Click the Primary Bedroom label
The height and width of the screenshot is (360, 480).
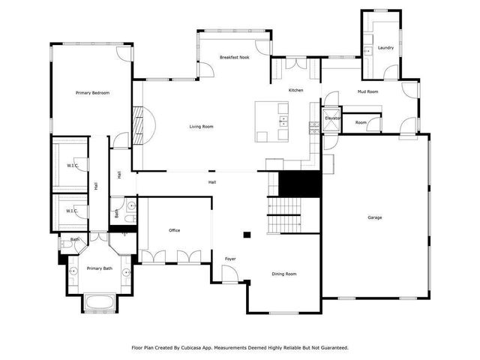[93, 93]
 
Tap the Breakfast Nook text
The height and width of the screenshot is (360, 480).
[234, 57]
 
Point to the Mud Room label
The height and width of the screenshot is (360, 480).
[367, 91]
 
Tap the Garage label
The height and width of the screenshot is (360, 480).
[374, 217]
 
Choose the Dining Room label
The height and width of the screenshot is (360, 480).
[284, 274]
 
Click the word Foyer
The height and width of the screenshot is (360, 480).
[230, 259]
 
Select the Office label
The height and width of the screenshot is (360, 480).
[174, 230]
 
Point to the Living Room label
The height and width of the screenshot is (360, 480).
[201, 127]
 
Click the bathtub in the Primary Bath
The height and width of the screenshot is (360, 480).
[99, 304]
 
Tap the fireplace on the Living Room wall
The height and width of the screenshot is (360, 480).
[138, 120]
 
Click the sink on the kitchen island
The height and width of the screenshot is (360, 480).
[283, 120]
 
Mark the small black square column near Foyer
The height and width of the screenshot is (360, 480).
[245, 232]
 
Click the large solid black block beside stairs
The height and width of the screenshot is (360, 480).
[299, 181]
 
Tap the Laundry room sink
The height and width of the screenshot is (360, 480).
[367, 51]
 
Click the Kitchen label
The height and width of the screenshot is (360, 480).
[296, 91]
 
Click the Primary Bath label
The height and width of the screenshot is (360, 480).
[99, 268]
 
